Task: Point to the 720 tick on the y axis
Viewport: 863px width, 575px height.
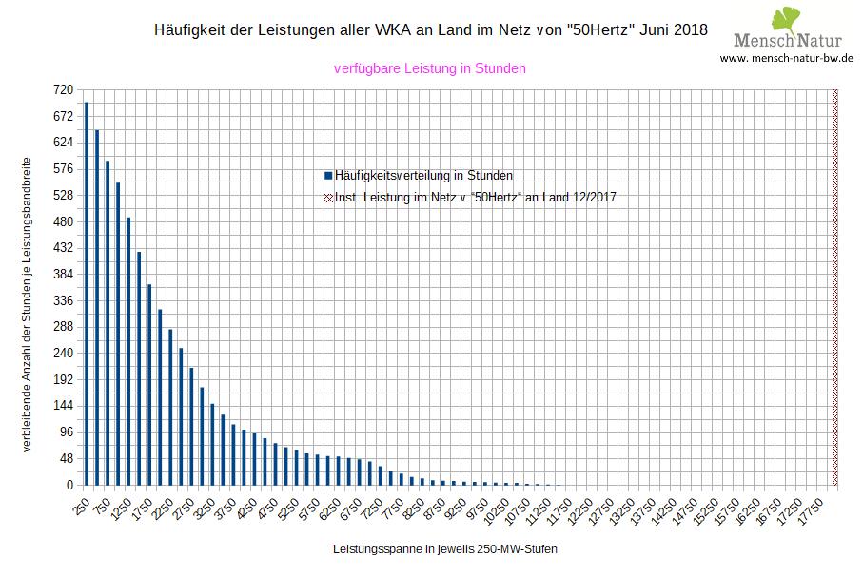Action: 63,89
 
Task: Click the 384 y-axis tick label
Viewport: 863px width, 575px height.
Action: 63,275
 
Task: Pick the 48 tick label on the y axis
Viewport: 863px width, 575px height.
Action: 66,458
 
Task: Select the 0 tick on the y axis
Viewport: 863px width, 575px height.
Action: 69,485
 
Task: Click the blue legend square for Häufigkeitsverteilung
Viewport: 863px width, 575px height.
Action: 328,176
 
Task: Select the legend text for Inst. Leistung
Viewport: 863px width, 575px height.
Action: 481,198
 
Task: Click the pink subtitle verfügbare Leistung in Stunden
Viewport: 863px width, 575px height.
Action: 430,68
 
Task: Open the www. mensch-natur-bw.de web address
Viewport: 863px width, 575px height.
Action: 786,58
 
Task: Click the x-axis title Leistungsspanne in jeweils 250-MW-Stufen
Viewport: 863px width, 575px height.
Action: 445,550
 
